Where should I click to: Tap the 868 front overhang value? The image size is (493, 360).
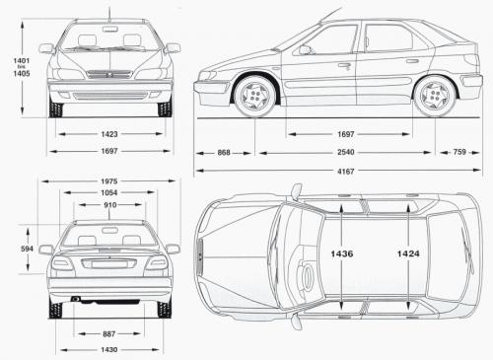point(225,153)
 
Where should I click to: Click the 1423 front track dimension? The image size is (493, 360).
point(109,134)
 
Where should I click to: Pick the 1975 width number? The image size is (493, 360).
point(108,180)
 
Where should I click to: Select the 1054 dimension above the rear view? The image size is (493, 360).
point(108,192)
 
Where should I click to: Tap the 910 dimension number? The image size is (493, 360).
point(108,204)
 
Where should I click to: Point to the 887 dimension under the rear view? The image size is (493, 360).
point(108,334)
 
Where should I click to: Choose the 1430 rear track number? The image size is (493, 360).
point(108,350)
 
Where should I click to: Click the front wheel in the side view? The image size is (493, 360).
point(256,96)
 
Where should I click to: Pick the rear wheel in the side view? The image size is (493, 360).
point(434,96)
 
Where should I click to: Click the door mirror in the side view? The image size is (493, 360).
point(304,49)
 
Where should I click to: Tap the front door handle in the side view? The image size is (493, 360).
point(344,65)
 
